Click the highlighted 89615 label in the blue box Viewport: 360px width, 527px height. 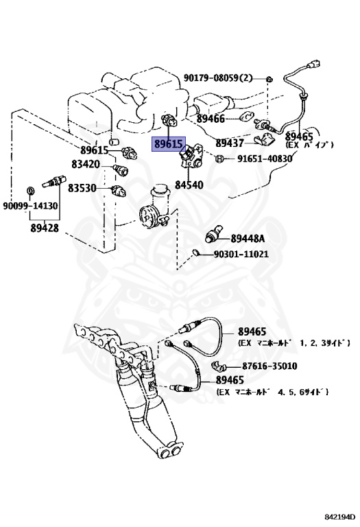click(169, 144)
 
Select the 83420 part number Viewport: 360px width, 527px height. click(86, 165)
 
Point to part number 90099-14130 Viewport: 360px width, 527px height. click(30, 206)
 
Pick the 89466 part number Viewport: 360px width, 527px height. click(211, 118)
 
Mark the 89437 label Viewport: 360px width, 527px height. click(230, 143)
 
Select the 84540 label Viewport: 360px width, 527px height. click(189, 185)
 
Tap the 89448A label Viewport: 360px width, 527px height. click(248, 238)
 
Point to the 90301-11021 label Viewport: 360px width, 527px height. click(241, 254)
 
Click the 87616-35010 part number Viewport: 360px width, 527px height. click(269, 366)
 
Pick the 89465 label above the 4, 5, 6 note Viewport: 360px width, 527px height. click(230, 380)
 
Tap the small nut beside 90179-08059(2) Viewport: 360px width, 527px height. click(268, 78)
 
